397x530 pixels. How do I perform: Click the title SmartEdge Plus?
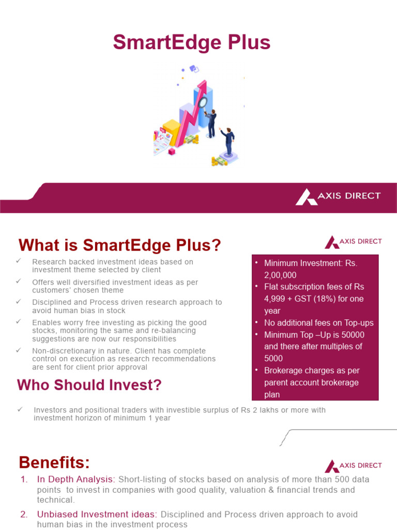[192, 42]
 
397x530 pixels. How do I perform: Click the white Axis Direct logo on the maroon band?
[338, 196]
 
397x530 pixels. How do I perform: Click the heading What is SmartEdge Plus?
[119, 245]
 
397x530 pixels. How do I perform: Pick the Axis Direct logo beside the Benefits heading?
[353, 465]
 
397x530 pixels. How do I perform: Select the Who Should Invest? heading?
[89, 385]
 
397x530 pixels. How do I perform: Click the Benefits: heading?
[54, 462]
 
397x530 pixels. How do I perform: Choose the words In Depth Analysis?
[74, 480]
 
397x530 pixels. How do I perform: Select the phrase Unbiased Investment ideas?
[97, 514]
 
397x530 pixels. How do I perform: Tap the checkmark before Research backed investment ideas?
[19, 261]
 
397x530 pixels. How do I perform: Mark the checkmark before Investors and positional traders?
[20, 409]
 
